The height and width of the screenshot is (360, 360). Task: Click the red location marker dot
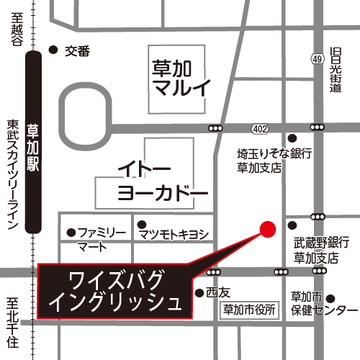(267, 230)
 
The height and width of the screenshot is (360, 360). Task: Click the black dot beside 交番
(52, 50)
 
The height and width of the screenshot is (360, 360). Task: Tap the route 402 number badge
(260, 128)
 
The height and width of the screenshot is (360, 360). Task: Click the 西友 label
(217, 293)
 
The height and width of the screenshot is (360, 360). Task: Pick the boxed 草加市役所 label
(248, 310)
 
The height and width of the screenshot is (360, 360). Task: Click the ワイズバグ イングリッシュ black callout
(115, 291)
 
